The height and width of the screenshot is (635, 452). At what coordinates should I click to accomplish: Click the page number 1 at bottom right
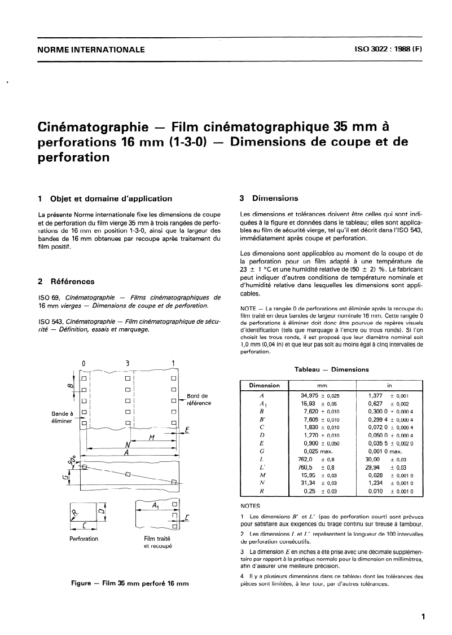coord(423,617)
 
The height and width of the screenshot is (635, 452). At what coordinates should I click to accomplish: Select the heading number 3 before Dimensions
coord(242,199)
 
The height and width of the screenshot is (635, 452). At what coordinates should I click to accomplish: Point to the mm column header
coord(322,385)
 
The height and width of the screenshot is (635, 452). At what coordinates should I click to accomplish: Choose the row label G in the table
coord(261,452)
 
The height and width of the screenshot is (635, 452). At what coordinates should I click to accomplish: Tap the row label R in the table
coord(261,491)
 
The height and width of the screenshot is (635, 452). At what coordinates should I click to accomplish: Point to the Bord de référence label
coord(198,399)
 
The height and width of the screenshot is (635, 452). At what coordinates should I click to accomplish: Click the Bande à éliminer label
coord(60,418)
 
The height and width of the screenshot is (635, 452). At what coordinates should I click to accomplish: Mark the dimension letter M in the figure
coord(135,438)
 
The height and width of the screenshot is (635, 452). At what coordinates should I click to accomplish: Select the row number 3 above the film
coord(128,363)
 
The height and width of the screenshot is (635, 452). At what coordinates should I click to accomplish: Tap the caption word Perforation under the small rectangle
coord(84,539)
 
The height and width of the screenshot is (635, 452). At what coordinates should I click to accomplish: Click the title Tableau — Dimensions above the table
coord(332,369)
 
